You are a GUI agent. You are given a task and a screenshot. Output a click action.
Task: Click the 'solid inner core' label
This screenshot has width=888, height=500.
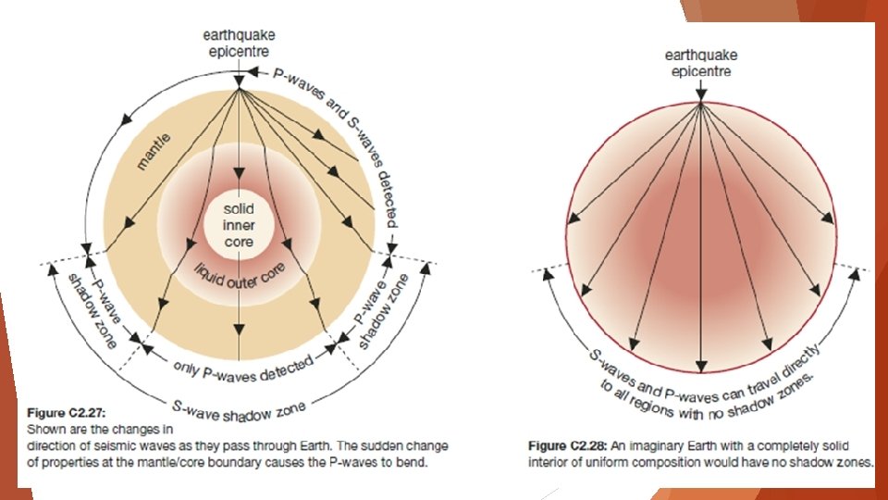coord(239,227)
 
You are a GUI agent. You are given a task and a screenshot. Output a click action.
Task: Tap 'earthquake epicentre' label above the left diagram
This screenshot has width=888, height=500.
coord(239,44)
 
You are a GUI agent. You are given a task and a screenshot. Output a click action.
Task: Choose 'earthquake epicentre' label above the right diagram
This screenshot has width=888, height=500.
coord(701,63)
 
